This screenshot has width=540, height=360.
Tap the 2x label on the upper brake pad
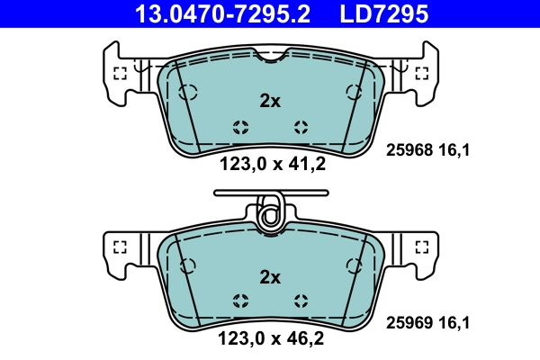point(270,102)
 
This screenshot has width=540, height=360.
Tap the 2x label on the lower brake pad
point(270,276)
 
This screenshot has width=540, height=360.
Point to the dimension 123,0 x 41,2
point(271,165)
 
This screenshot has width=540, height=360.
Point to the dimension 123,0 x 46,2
point(271,339)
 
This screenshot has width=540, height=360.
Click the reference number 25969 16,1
point(428,321)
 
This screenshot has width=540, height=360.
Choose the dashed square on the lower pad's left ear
point(120,247)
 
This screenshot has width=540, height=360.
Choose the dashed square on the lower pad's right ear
point(420,247)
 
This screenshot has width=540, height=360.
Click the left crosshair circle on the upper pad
point(239,126)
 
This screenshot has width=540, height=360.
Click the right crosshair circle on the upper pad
point(301,126)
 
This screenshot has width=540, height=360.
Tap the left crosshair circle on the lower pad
point(239,300)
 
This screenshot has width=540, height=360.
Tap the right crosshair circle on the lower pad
point(301,300)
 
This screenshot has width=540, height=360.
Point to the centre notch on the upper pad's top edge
point(270,59)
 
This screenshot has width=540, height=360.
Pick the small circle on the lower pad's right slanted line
point(353,265)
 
